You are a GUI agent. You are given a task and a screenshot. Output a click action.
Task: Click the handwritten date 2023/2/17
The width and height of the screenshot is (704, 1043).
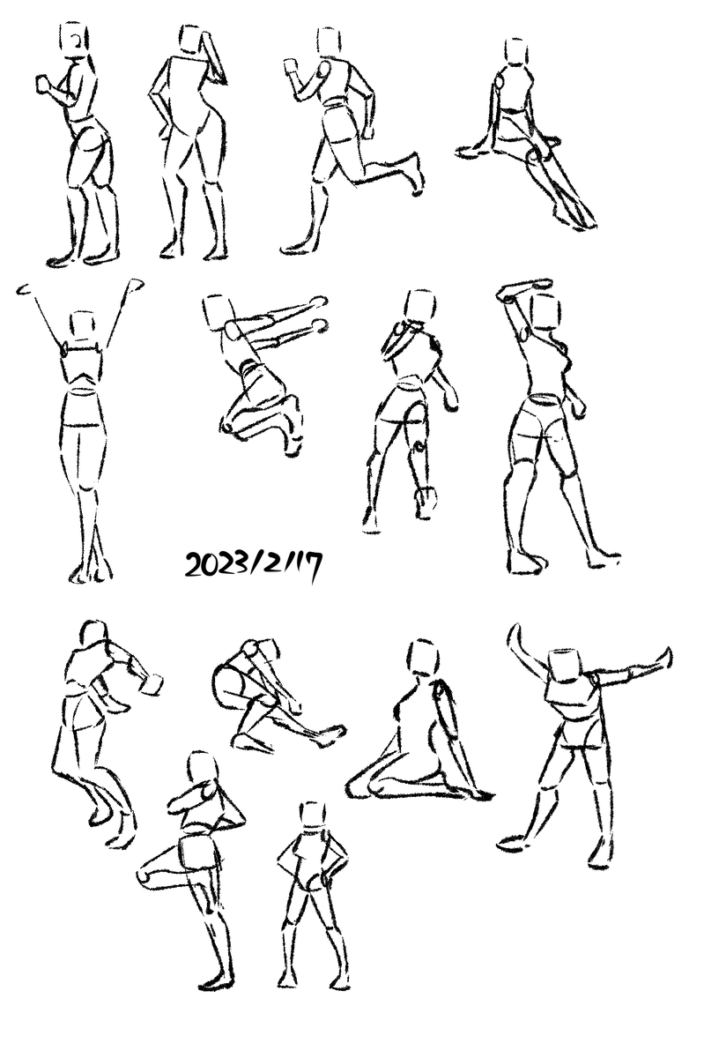coord(253,567)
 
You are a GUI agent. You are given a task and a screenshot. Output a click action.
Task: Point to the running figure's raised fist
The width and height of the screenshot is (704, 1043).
coord(291,67)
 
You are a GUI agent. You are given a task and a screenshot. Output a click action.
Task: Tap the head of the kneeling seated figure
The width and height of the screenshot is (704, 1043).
coord(423,657)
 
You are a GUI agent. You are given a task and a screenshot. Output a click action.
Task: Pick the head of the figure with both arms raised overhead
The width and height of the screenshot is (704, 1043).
coord(83,326)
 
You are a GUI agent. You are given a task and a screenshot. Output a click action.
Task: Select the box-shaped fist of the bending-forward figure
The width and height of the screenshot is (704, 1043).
coord(152,684)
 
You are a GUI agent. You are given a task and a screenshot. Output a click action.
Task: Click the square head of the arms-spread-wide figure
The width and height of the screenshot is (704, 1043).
coord(567,665)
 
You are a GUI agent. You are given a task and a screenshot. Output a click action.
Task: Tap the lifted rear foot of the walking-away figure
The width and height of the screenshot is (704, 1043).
coord(426,503)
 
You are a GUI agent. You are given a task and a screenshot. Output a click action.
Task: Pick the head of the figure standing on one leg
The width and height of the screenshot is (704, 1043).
coord(200,768)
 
